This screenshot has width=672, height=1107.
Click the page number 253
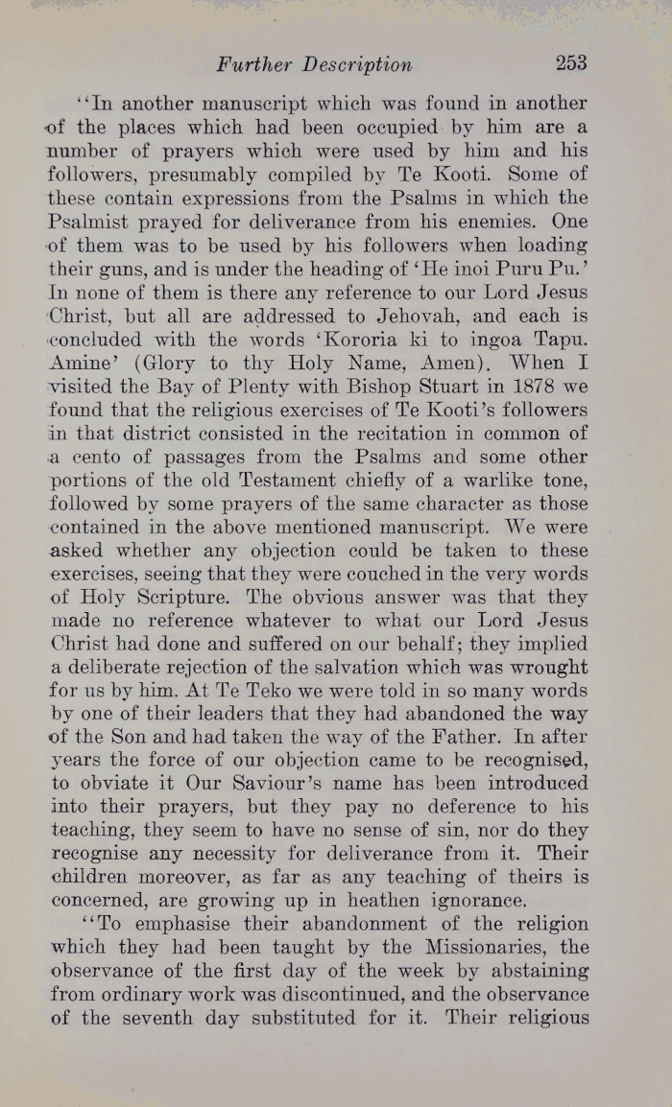(x=570, y=63)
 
